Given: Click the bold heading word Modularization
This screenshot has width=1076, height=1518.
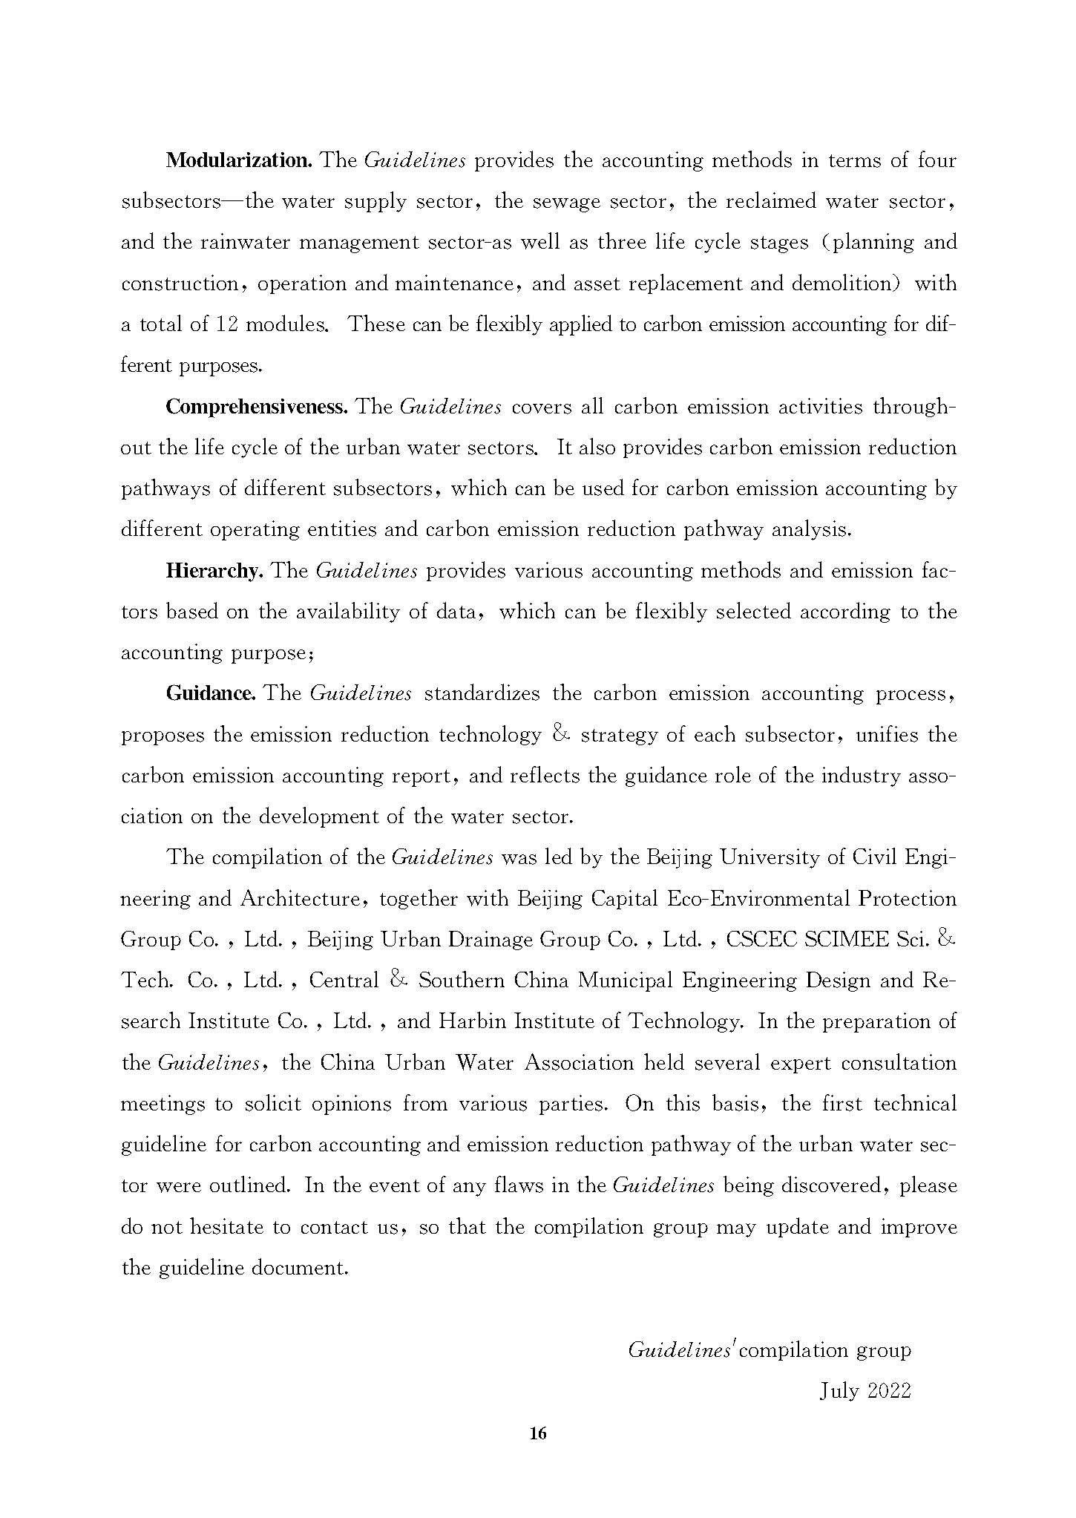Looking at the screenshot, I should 238,160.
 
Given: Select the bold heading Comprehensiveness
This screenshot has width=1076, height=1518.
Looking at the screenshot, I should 256,407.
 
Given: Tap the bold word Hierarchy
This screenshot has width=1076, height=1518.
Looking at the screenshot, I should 214,571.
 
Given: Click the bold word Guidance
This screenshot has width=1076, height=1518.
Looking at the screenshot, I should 211,693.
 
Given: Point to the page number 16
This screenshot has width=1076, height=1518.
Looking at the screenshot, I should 538,1433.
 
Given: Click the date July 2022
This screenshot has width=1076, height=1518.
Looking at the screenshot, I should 865,1390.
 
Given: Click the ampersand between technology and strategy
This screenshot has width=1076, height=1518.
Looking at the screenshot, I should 561,735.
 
